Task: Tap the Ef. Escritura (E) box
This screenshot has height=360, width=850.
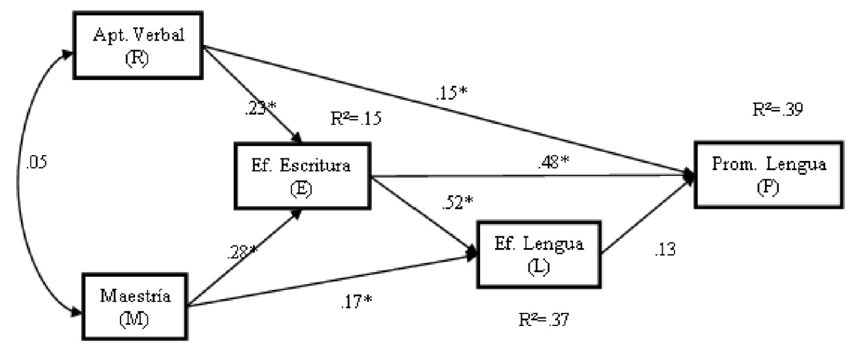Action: coord(302,176)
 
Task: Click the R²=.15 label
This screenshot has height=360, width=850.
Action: coord(356,120)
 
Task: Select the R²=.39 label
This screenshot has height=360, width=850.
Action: coord(777,109)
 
